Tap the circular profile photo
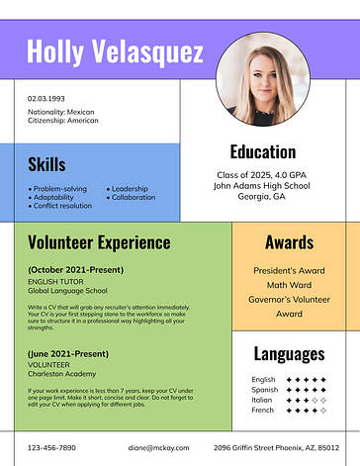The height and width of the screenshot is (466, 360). pyautogui.click(x=261, y=79)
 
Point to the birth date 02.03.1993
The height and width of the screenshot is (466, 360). pyautogui.click(x=46, y=98)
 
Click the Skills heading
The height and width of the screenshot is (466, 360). pyautogui.click(x=46, y=163)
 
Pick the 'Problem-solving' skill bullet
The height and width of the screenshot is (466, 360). pyautogui.click(x=59, y=188)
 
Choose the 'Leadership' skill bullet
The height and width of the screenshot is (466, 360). pyautogui.click(x=129, y=188)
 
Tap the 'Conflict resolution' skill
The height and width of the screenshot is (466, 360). pyautogui.click(x=62, y=206)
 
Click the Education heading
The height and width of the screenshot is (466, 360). pyautogui.click(x=262, y=151)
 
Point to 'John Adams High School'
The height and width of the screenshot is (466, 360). pyautogui.click(x=262, y=185)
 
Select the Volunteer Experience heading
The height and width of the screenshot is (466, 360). pyautogui.click(x=99, y=242)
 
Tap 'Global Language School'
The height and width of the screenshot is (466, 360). pyautogui.click(x=67, y=291)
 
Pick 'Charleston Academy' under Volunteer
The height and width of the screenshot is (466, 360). pyautogui.click(x=62, y=374)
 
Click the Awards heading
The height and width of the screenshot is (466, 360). pyautogui.click(x=289, y=242)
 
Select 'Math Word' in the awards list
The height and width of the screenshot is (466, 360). pyautogui.click(x=289, y=285)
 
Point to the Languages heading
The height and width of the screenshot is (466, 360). pyautogui.click(x=289, y=353)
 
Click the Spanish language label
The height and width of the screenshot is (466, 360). pyautogui.click(x=264, y=390)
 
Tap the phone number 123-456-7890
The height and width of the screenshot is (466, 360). pyautogui.click(x=51, y=448)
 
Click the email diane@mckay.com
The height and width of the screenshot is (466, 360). pyautogui.click(x=157, y=448)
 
